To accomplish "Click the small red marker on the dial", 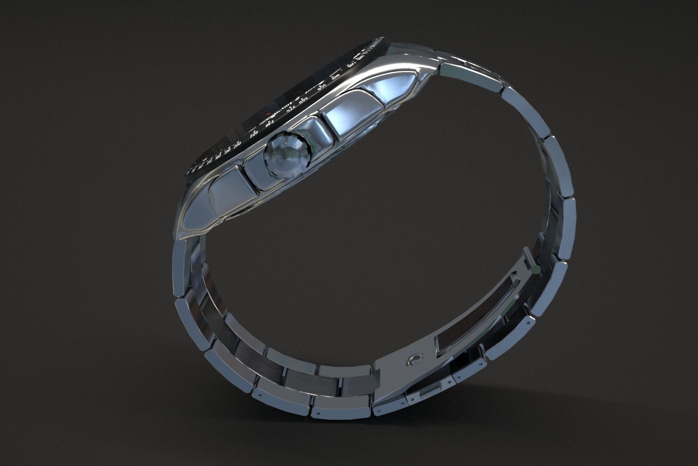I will point(267,114).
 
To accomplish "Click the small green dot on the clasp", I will point(535,270).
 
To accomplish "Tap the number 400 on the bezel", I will point(336,76).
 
